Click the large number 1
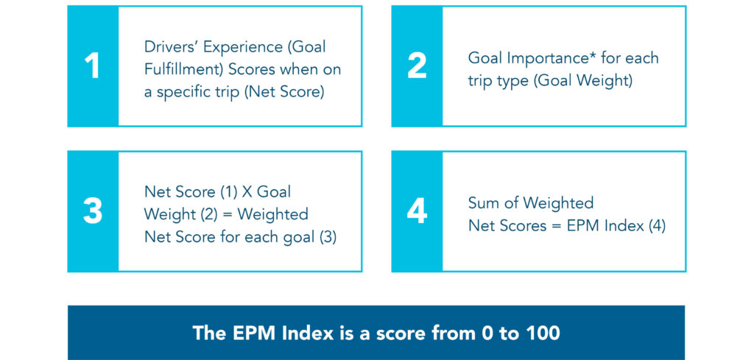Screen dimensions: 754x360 tap(92, 66)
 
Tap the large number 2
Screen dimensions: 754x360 tap(417, 66)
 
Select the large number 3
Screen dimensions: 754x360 tap(92, 211)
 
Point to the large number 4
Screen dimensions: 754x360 tap(417, 211)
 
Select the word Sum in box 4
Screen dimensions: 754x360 tap(484, 203)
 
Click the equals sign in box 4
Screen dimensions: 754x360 tap(557, 226)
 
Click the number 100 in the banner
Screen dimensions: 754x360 tap(542, 333)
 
